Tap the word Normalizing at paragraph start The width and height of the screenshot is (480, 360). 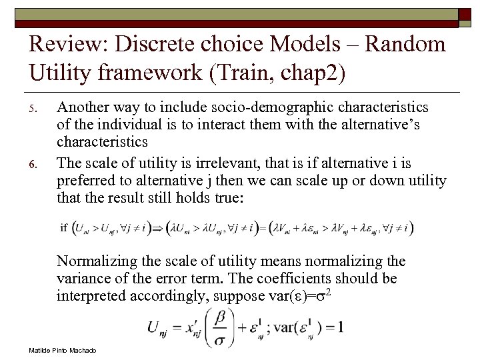coord(95,261)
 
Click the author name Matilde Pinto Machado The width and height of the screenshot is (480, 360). coord(63,350)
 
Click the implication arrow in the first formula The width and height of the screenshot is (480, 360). coord(159,228)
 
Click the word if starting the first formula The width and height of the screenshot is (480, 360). coord(64,228)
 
